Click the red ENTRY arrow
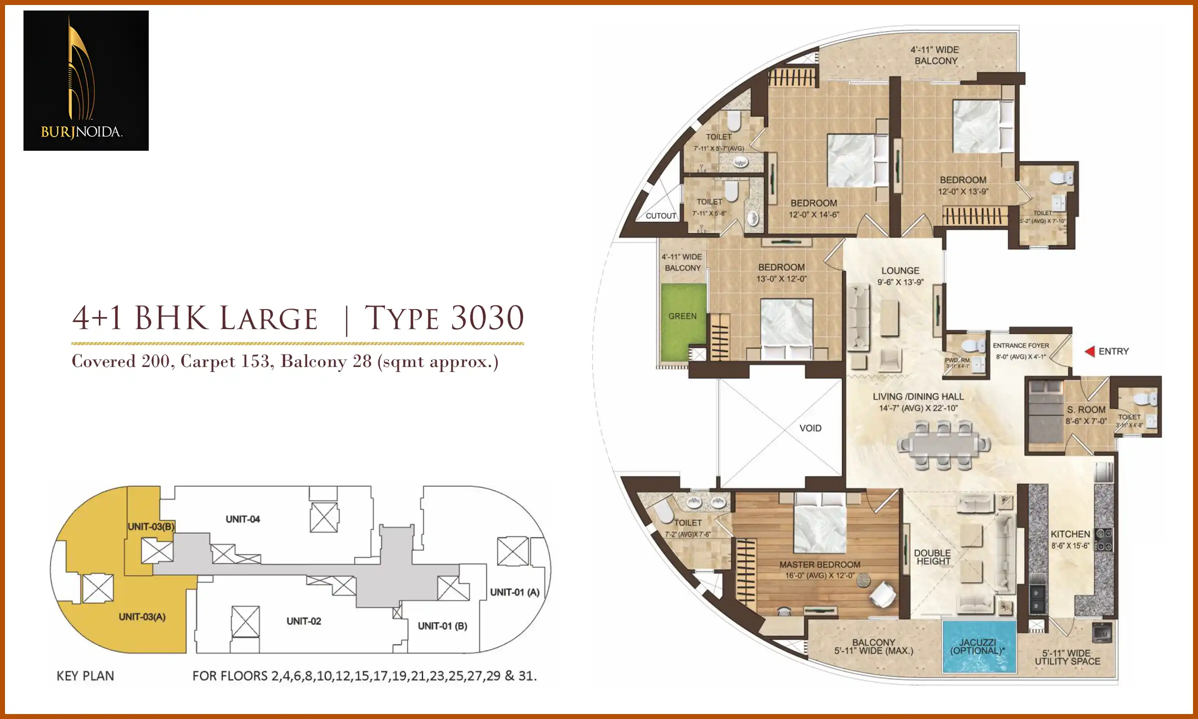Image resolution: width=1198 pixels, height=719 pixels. click(x=1090, y=352)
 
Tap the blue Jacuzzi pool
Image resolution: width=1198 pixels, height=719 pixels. click(x=979, y=647)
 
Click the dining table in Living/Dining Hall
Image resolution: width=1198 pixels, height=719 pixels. click(x=943, y=444)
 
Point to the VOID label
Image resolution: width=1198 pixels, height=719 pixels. click(x=810, y=428)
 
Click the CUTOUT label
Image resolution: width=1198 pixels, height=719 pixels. click(x=661, y=216)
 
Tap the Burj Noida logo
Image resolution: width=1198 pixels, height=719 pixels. click(x=86, y=80)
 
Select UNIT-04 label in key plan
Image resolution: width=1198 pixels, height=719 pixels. click(x=243, y=519)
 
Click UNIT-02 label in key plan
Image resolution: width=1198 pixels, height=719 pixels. click(x=303, y=621)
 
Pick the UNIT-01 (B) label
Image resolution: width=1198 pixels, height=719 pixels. click(x=442, y=626)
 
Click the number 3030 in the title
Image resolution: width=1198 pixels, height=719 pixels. click(x=487, y=318)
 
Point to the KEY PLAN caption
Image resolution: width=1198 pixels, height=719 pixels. click(x=85, y=676)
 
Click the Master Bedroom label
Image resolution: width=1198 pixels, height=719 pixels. click(x=820, y=565)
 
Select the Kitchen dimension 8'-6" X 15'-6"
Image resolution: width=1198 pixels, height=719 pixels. click(x=1070, y=546)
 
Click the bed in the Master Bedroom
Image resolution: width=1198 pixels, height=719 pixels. click(x=820, y=524)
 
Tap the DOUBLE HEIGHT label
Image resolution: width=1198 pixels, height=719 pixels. click(x=932, y=557)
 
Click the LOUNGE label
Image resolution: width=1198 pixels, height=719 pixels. click(x=900, y=271)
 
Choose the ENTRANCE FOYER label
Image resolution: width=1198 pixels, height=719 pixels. click(x=1021, y=346)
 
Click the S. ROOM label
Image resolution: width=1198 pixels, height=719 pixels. click(x=1086, y=409)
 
